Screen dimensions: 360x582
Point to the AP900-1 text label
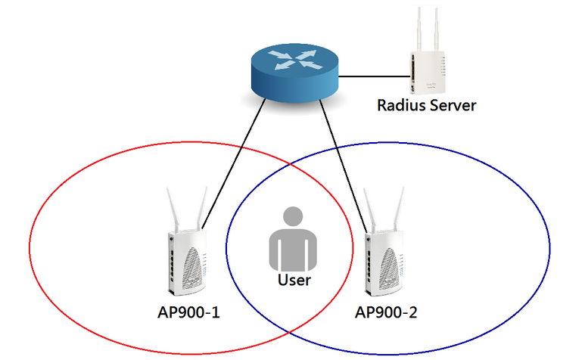[x=188, y=312]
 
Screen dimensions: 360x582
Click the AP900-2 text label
[x=384, y=312]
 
